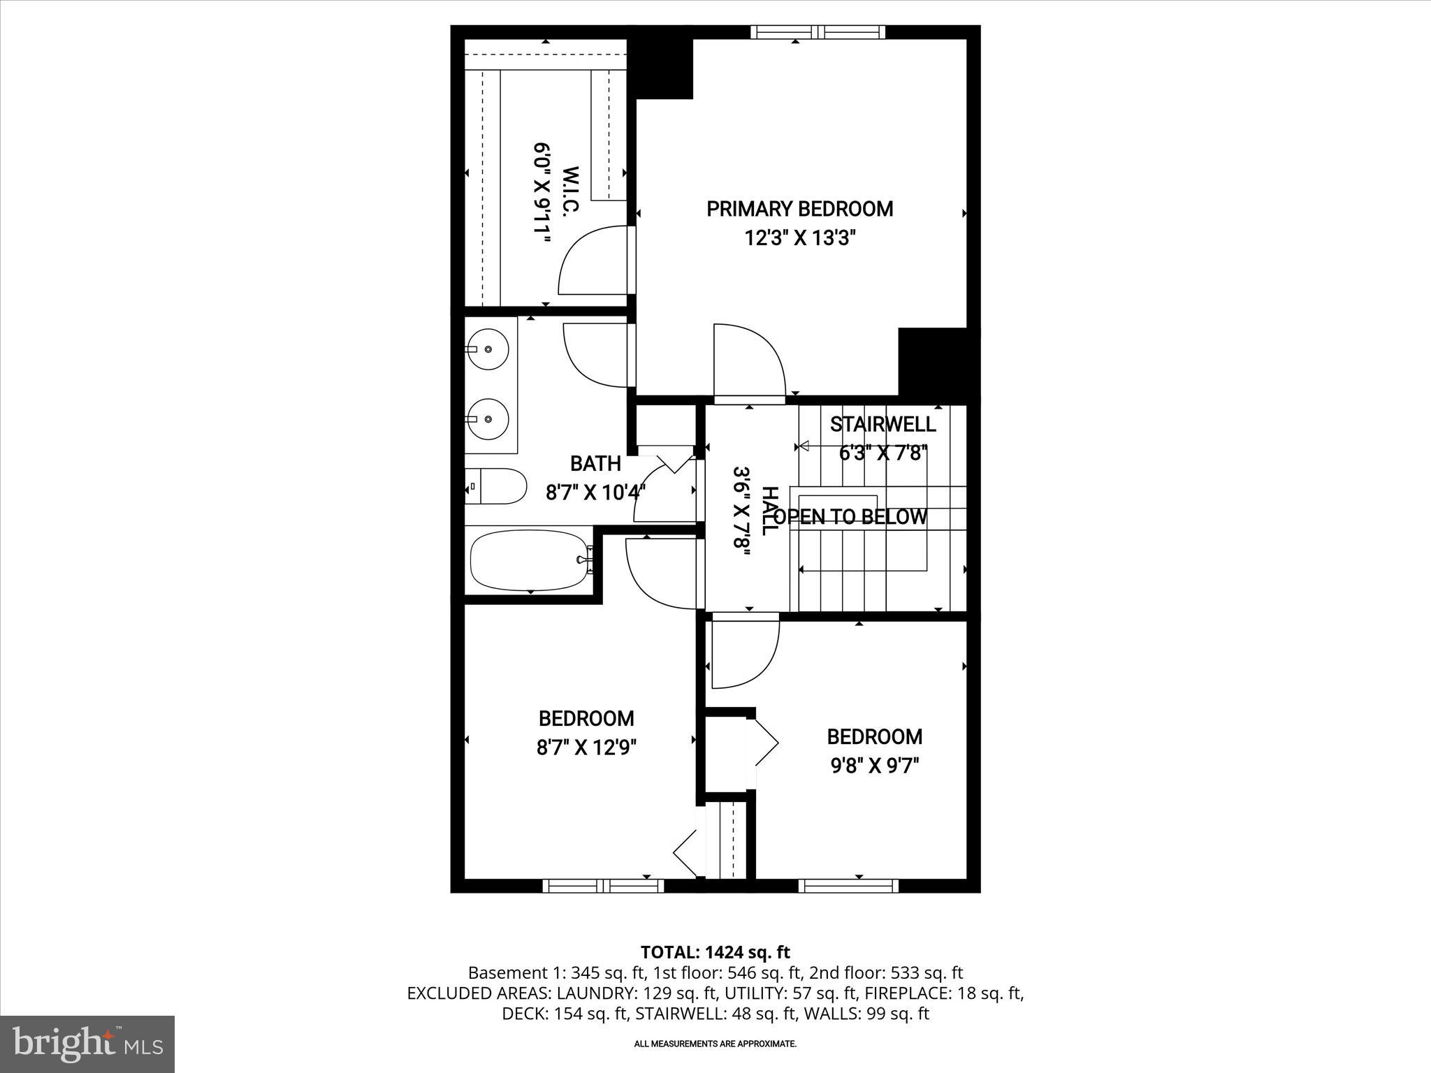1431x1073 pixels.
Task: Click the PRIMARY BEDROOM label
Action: (x=799, y=209)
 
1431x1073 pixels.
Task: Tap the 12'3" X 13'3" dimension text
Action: (x=799, y=239)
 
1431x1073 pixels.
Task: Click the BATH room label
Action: (x=595, y=463)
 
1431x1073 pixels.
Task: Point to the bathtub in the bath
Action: (x=530, y=560)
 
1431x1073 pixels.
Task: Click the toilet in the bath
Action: (x=497, y=486)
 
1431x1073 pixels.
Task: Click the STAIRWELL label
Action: (x=882, y=424)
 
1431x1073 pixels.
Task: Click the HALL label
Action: (x=768, y=511)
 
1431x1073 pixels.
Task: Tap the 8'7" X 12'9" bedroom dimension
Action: (x=586, y=748)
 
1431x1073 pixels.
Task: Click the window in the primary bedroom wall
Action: (x=818, y=32)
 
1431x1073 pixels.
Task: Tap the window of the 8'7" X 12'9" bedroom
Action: (x=603, y=886)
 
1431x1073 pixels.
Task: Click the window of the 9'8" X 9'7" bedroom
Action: (x=848, y=886)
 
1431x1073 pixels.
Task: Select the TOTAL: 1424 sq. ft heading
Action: (x=715, y=951)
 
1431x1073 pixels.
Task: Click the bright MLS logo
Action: (x=87, y=1044)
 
